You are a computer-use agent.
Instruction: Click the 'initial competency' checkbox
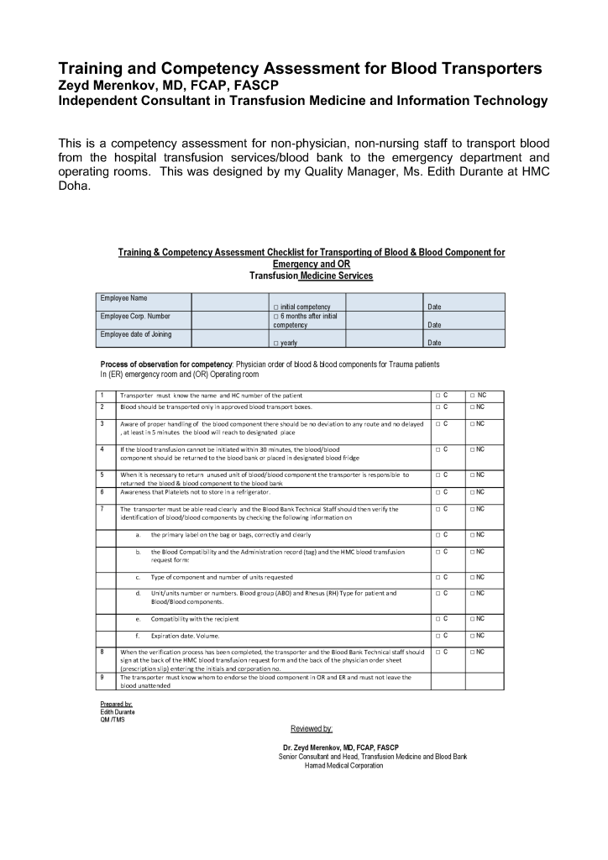[x=276, y=307]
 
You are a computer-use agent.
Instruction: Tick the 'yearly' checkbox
[x=276, y=343]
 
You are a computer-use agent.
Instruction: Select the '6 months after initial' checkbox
[x=276, y=317]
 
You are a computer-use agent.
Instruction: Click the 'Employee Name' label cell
[x=124, y=298]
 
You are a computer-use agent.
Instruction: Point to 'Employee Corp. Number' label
[x=135, y=317]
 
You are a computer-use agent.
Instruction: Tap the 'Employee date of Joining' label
[x=136, y=334]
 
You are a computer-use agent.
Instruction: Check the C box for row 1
[x=438, y=395]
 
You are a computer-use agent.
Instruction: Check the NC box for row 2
[x=473, y=406]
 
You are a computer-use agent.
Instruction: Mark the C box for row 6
[x=438, y=492]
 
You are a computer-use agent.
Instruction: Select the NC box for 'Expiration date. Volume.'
[x=473, y=636]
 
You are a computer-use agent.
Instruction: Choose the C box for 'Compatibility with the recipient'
[x=438, y=619]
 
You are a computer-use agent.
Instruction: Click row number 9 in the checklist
[x=102, y=677]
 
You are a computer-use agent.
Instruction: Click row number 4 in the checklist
[x=102, y=449]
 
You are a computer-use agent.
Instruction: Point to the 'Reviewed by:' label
[x=312, y=728]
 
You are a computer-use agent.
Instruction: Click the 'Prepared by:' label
[x=117, y=704]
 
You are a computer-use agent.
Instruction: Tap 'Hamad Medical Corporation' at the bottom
[x=344, y=765]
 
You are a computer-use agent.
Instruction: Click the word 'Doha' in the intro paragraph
[x=74, y=186]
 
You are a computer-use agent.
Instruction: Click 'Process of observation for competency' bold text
[x=166, y=364]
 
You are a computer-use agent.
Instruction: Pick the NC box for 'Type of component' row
[x=473, y=577]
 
